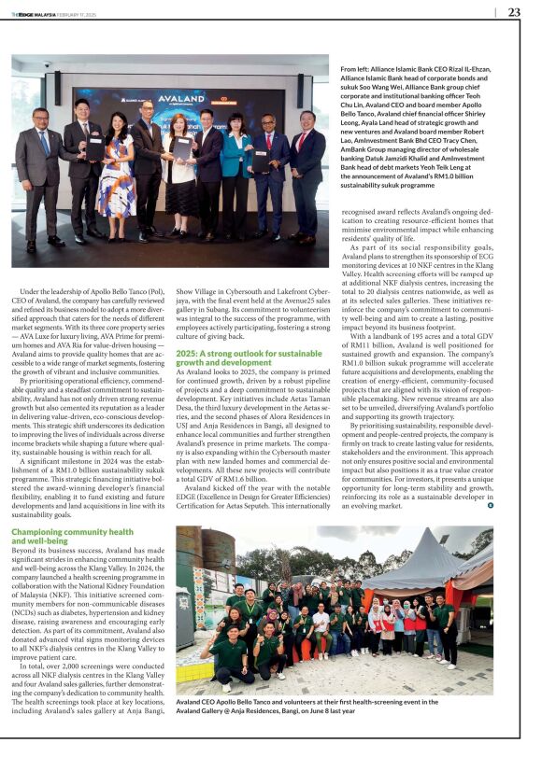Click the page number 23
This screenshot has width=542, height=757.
(x=514, y=12)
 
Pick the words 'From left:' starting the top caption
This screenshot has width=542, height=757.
(x=358, y=69)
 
